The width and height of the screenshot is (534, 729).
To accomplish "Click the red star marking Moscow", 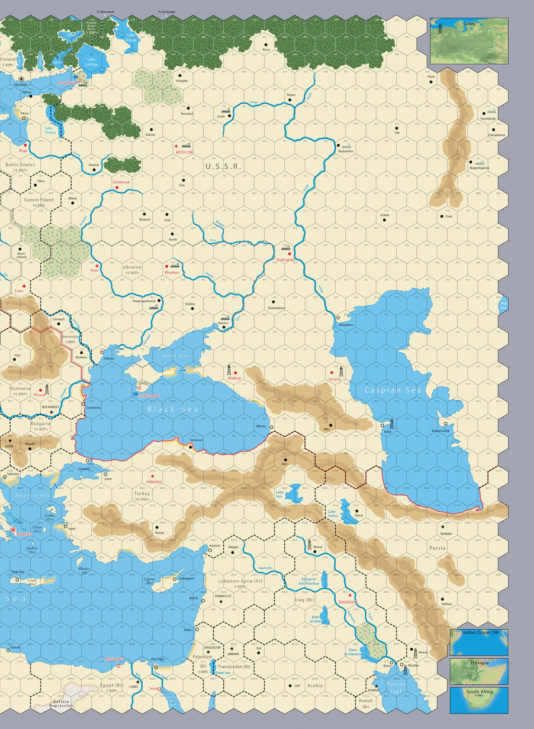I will pos(176,146).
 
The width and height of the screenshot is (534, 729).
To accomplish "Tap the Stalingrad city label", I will pos(285,260).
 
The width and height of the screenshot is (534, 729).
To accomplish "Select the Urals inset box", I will pos(469,41).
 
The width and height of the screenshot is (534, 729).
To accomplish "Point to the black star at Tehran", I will pos(442,527).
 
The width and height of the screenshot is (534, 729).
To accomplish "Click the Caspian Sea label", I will pos(393,390).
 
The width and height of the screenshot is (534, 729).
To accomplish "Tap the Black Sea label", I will pos(173,409).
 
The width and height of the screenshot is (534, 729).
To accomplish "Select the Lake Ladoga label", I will pos(91,62).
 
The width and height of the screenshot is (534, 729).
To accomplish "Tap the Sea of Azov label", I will pos(175,356).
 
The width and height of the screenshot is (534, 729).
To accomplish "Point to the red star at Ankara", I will pos(152,476).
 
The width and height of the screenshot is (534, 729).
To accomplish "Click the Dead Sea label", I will pos(223,673).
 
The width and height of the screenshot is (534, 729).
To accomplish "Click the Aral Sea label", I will pos(504,305).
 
